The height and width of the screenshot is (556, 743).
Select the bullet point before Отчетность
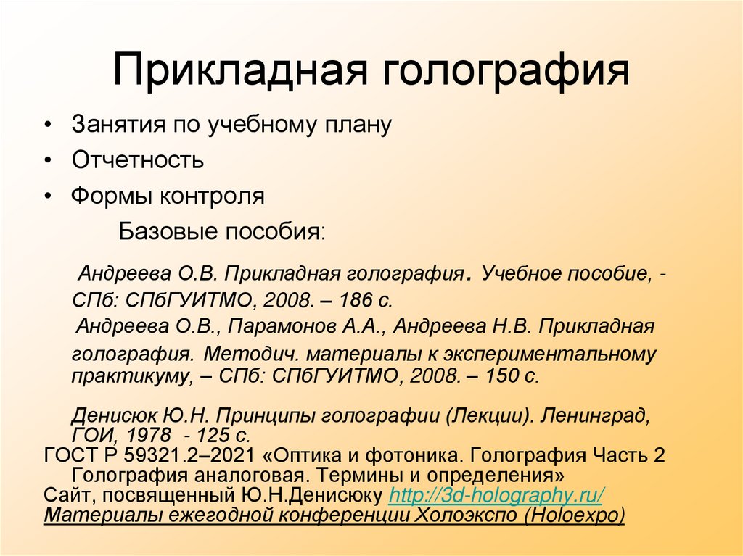point(47,160)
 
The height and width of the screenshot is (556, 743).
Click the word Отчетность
point(137,160)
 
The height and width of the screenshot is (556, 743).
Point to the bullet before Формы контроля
point(47,196)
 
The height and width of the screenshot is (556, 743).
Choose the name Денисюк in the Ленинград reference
point(105,418)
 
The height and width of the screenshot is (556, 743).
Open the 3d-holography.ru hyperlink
point(496,496)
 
